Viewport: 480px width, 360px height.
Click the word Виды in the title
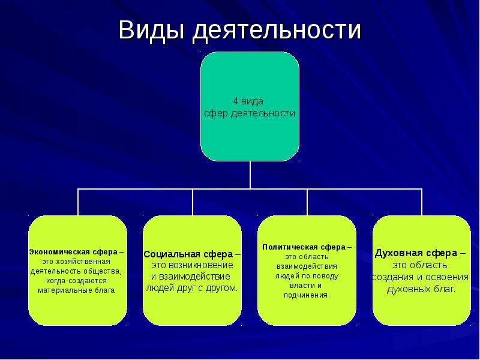[x=152, y=30]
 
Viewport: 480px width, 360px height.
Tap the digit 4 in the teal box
[x=236, y=101]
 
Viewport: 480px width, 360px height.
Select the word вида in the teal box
[x=252, y=101]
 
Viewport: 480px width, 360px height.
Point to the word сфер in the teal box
[x=216, y=113]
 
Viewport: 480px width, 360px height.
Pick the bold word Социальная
[x=172, y=254]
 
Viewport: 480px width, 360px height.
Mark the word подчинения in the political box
[x=307, y=295]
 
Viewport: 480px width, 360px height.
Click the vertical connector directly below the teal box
[x=250, y=175]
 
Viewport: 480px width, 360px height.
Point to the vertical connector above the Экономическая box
[x=78, y=202]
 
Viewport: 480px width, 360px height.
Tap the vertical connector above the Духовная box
[x=422, y=202]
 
